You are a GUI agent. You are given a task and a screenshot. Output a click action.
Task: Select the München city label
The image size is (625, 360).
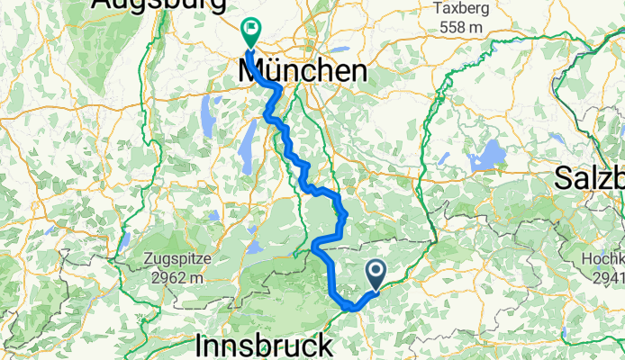tap(303, 72)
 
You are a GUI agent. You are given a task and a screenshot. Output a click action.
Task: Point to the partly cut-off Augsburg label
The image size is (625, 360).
tap(158, 6)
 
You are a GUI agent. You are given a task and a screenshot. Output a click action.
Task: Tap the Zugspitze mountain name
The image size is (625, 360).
tap(177, 260)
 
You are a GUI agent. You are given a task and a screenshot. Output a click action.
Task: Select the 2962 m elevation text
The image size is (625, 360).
tap(177, 276)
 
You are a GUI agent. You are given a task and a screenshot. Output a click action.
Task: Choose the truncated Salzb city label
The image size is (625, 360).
tap(591, 175)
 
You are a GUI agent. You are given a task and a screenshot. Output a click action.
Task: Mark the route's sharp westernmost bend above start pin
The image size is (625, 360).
tap(314, 246)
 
